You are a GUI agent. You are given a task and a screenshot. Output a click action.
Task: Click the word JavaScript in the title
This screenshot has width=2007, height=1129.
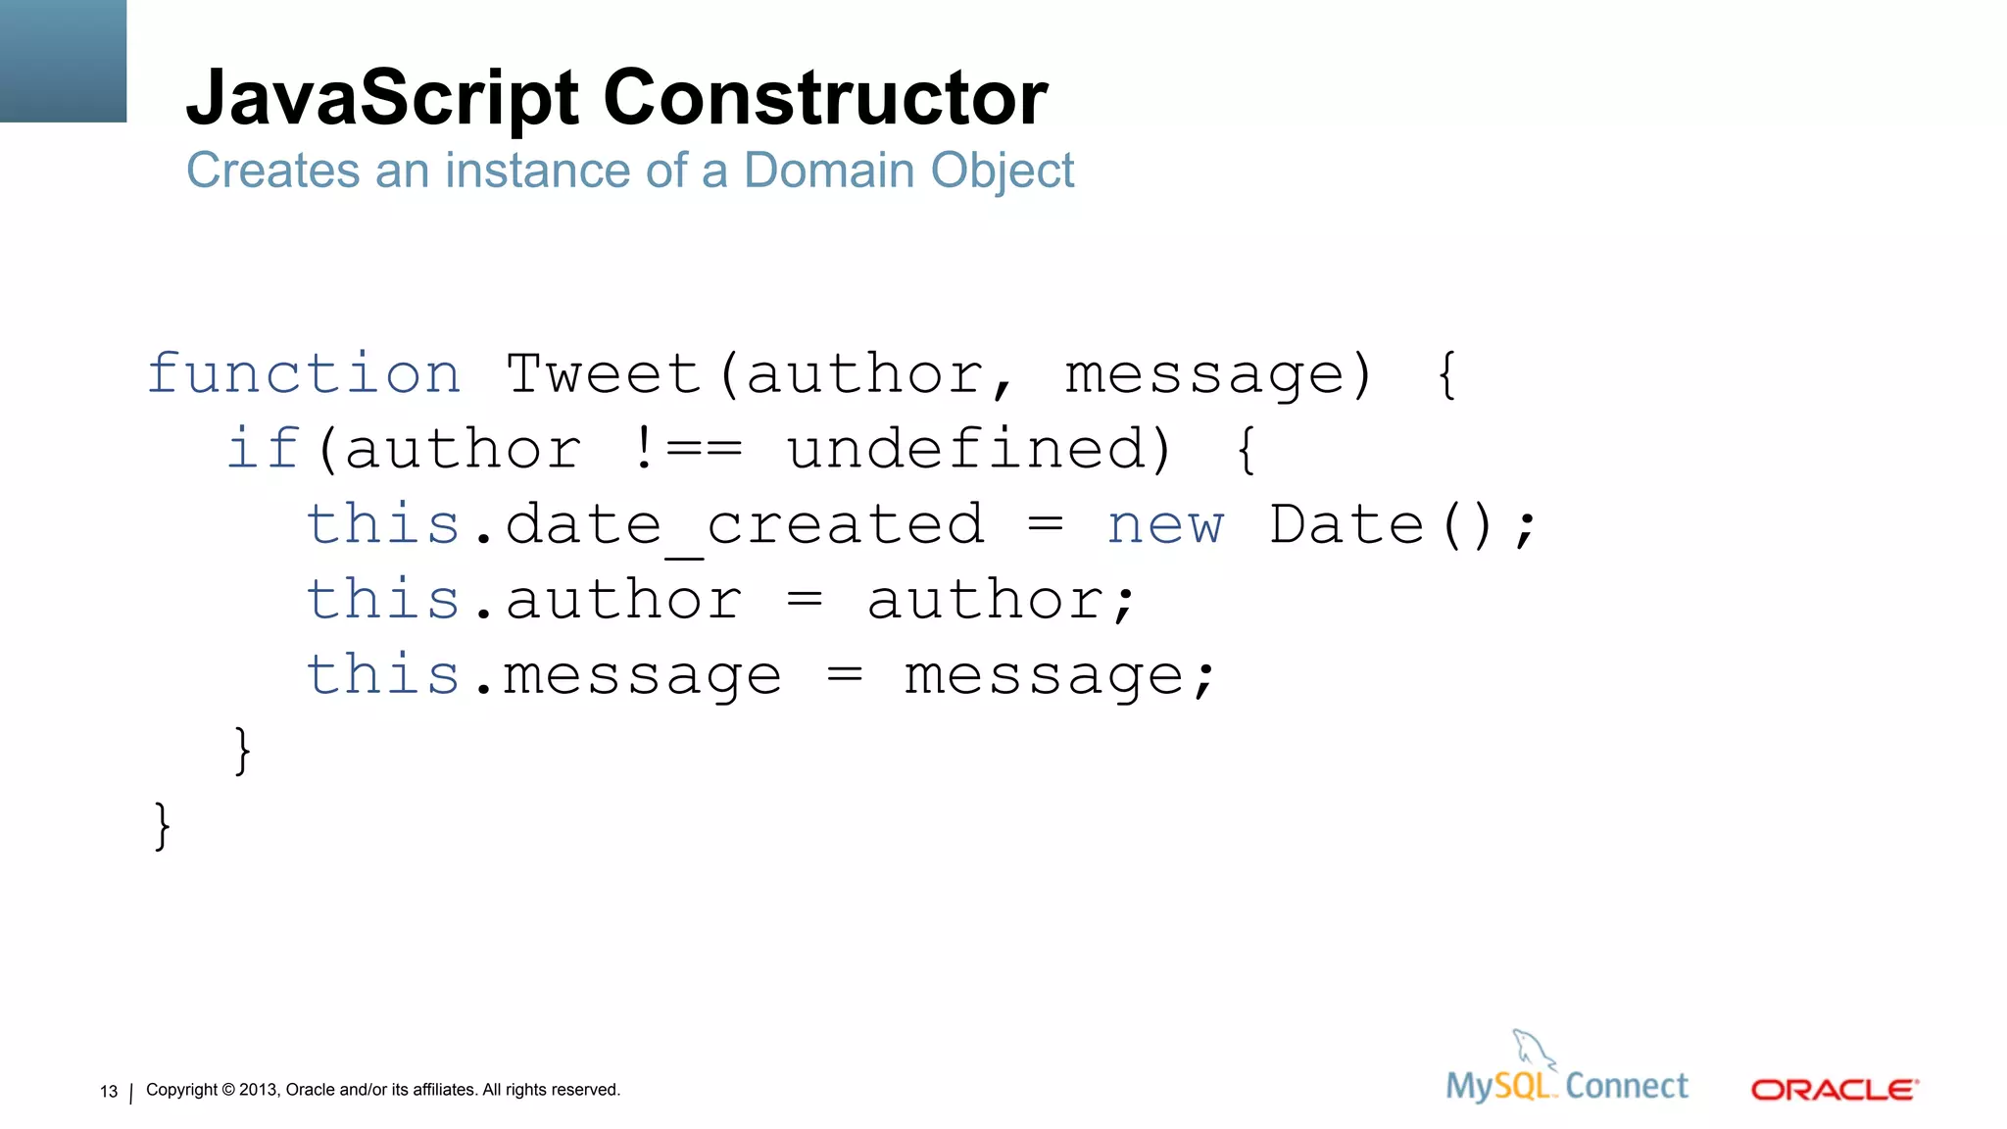[x=382, y=98]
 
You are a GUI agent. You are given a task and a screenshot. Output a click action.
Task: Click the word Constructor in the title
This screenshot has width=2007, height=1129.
[x=825, y=98]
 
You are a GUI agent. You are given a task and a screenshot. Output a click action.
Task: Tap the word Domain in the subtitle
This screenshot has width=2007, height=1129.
[x=829, y=171]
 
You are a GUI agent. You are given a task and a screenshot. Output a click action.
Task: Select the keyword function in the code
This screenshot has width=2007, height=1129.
[x=304, y=374]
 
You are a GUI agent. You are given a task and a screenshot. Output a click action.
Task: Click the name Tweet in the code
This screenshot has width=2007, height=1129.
[x=604, y=374]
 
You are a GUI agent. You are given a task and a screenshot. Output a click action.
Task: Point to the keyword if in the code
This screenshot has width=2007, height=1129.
[x=262, y=449]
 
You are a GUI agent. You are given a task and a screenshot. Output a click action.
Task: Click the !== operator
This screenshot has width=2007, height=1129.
[x=687, y=449]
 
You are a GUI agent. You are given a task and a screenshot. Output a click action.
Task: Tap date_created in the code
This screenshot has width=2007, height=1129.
[x=744, y=525]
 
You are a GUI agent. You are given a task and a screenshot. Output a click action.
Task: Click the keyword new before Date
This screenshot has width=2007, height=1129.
[x=1165, y=525]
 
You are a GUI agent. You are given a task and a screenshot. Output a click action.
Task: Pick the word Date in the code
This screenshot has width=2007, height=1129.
[x=1346, y=525]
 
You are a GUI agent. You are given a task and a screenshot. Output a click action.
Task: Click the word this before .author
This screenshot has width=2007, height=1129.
[x=382, y=600]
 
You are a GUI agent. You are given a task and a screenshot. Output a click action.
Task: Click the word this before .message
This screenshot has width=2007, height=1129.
[x=382, y=675]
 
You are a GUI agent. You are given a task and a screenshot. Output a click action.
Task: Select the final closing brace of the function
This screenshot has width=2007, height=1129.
[x=163, y=825]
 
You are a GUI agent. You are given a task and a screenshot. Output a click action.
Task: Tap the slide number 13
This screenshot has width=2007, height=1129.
[x=109, y=1092]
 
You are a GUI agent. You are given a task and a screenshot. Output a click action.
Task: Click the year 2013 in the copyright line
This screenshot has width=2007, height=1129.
[x=259, y=1090]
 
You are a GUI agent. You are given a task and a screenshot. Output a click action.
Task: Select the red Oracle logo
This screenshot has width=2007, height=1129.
[x=1834, y=1090]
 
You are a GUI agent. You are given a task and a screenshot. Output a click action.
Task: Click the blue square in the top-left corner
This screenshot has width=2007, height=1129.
[x=63, y=61]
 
